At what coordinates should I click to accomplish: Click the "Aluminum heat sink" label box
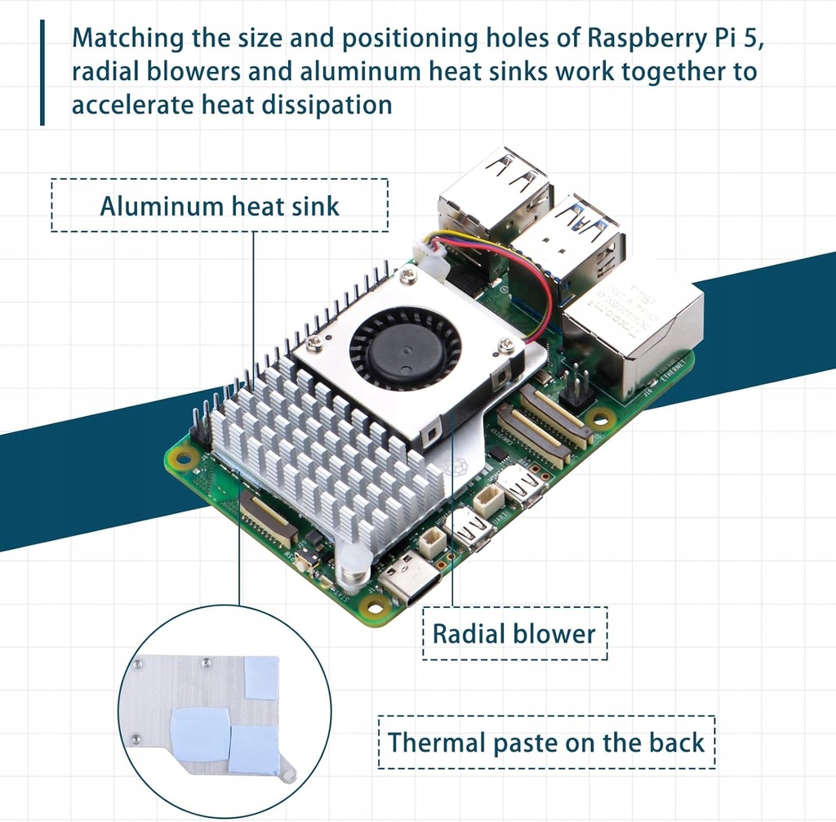(219, 205)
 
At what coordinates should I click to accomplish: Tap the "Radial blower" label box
(514, 633)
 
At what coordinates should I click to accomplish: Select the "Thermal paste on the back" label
(545, 742)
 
